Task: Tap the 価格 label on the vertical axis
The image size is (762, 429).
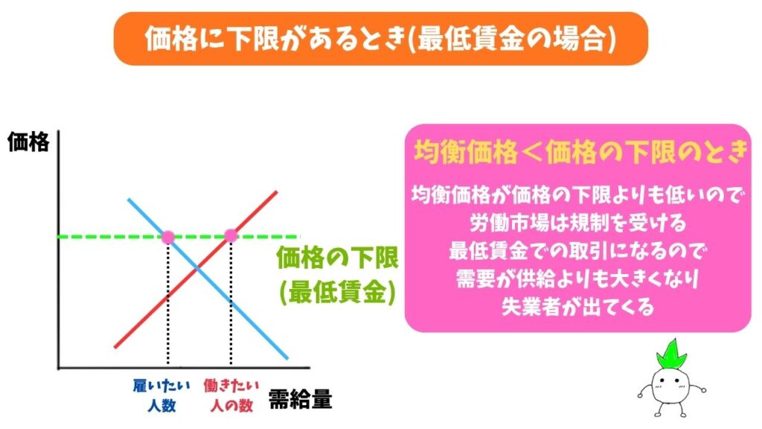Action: [28, 142]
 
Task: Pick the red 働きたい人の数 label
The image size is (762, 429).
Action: [231, 395]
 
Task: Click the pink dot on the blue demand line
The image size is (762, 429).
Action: [167, 236]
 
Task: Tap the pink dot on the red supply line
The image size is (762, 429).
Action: [231, 236]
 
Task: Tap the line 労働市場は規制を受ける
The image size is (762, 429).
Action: [577, 222]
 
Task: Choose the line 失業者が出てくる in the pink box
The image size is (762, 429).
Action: [577, 306]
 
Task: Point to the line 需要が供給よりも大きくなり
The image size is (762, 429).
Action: [577, 278]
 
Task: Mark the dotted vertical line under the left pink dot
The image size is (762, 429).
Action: [167, 305]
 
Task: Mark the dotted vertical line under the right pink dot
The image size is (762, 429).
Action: [231, 305]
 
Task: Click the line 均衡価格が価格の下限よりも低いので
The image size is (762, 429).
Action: [577, 194]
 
